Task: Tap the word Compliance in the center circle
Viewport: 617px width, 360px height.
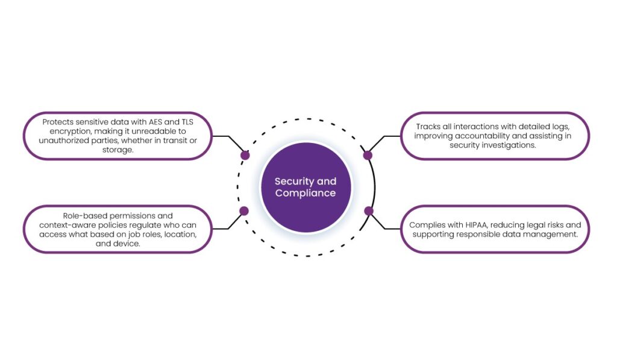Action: click(x=305, y=194)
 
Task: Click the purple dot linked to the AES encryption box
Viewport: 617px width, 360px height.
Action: click(x=245, y=155)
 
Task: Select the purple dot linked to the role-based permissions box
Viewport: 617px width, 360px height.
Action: click(x=244, y=211)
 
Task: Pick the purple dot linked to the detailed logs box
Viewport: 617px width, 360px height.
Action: click(x=368, y=155)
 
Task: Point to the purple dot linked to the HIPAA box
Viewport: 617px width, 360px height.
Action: click(x=369, y=211)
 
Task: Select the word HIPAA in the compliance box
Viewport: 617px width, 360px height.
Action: click(x=476, y=225)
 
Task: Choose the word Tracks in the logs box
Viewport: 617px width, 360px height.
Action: click(x=428, y=127)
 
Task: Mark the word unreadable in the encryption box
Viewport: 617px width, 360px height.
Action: click(x=146, y=131)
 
